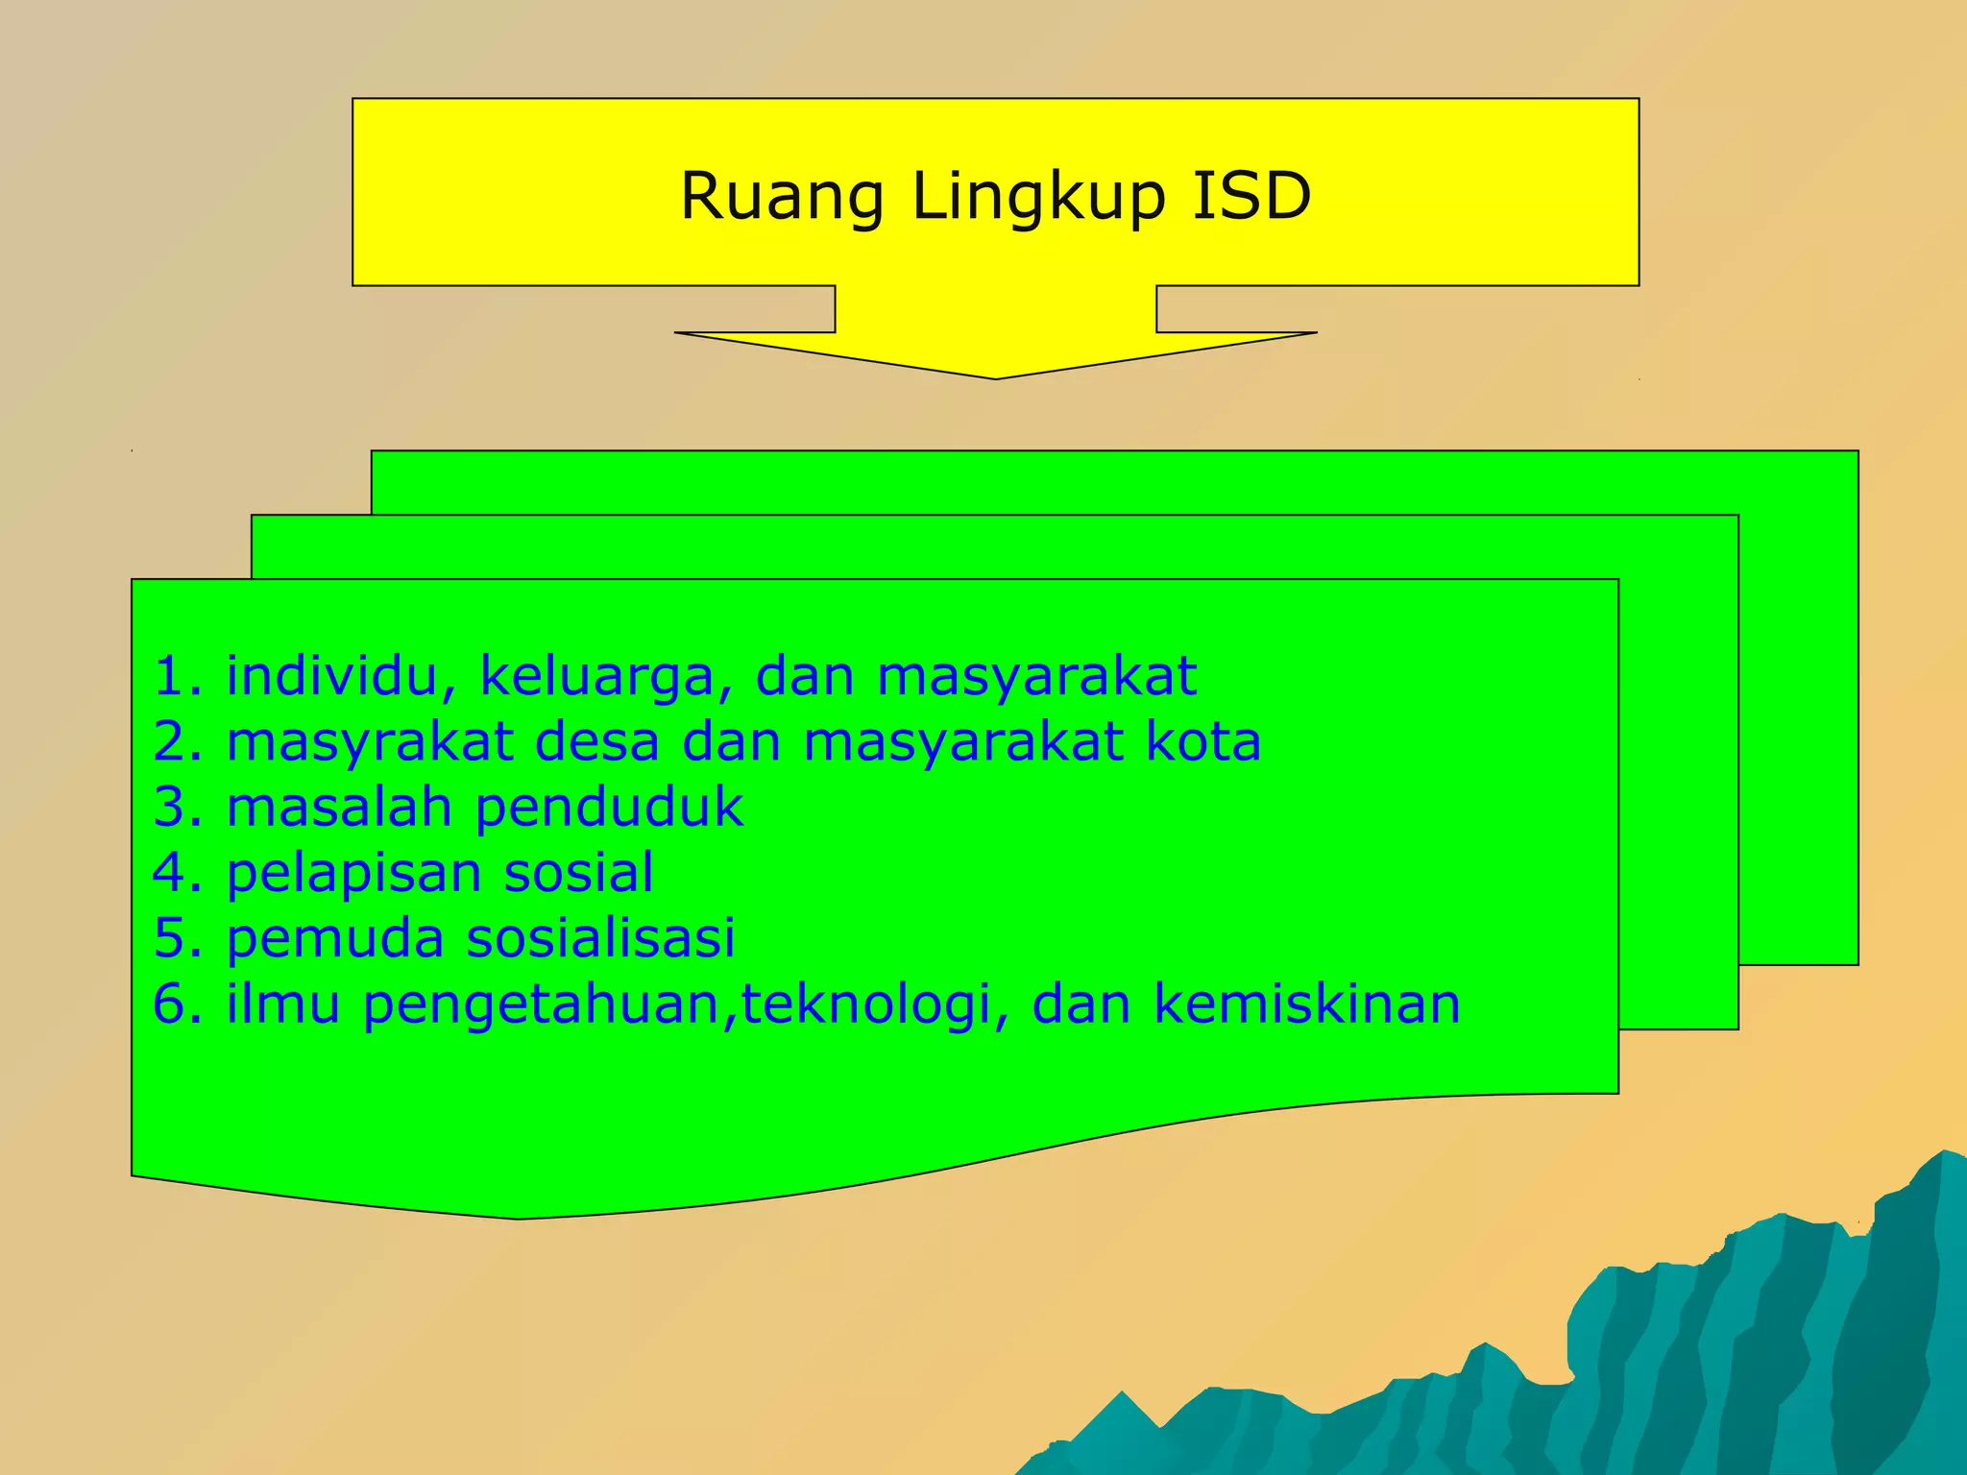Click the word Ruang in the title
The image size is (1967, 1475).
[781, 197]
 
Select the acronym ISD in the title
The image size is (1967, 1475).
[1251, 196]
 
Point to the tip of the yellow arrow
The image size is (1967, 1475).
[996, 376]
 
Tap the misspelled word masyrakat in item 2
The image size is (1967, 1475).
[370, 742]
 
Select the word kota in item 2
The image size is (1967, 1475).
[1202, 741]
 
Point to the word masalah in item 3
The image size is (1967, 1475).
[338, 807]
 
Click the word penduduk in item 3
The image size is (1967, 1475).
[609, 808]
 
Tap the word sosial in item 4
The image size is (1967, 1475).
[578, 872]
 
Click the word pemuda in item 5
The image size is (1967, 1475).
[334, 938]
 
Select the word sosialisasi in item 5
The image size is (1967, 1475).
[600, 937]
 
